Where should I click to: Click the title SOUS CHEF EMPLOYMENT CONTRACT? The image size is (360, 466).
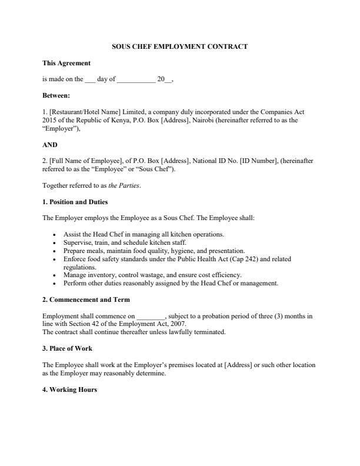point(179,46)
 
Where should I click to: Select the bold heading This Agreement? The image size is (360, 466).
point(66,63)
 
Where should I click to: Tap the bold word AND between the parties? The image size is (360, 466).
point(50,145)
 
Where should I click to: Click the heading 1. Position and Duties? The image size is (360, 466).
point(75,202)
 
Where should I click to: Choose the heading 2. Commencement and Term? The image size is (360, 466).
point(85,299)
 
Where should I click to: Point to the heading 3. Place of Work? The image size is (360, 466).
point(67,348)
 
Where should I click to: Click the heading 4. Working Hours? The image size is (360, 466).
point(69,390)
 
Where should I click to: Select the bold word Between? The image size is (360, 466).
point(56,95)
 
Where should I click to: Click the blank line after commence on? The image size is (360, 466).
point(151,316)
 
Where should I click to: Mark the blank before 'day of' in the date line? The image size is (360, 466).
point(90,79)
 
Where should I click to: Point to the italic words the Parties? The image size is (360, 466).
point(125,185)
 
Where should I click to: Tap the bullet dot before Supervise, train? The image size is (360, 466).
point(55,242)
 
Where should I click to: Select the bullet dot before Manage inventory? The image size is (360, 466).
point(55,275)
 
